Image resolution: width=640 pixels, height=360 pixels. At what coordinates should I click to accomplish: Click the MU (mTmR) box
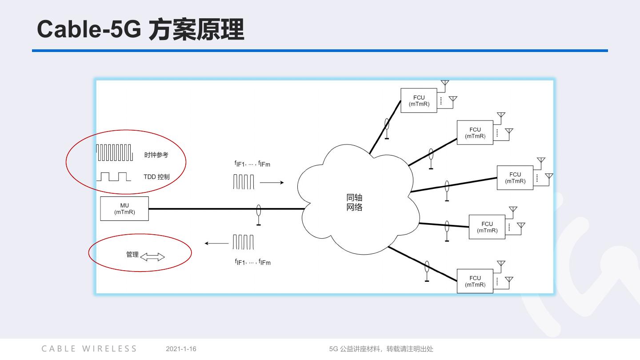point(124,209)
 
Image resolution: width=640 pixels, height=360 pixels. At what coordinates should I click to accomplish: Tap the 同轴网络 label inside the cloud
point(354,203)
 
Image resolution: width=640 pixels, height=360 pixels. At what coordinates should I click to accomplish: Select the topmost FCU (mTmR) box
point(419,100)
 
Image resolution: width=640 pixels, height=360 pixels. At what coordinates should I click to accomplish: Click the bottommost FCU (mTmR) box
point(475,281)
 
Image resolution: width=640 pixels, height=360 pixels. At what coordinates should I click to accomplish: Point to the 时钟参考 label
point(156,155)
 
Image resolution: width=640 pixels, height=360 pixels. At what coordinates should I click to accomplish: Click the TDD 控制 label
point(156,177)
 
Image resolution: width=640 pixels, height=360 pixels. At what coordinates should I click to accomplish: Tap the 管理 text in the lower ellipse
point(132,255)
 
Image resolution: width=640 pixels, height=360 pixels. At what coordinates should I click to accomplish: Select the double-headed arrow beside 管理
point(152,257)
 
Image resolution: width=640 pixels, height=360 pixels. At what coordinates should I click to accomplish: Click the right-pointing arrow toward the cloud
point(272,182)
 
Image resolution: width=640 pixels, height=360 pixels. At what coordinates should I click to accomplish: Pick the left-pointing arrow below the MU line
point(216,243)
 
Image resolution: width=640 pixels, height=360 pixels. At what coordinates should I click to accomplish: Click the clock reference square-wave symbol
point(115,152)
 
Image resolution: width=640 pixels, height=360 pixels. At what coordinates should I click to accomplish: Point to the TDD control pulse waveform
point(114,176)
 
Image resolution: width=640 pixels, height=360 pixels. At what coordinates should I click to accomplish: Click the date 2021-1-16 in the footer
point(181,349)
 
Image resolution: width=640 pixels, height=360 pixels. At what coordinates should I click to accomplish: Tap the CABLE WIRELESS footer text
point(89,349)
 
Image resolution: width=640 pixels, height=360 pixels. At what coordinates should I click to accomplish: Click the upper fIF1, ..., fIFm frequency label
point(252,164)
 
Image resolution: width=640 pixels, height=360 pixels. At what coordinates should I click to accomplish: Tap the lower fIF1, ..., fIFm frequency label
point(252,262)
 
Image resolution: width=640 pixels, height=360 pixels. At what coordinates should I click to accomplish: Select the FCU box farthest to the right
point(515,178)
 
